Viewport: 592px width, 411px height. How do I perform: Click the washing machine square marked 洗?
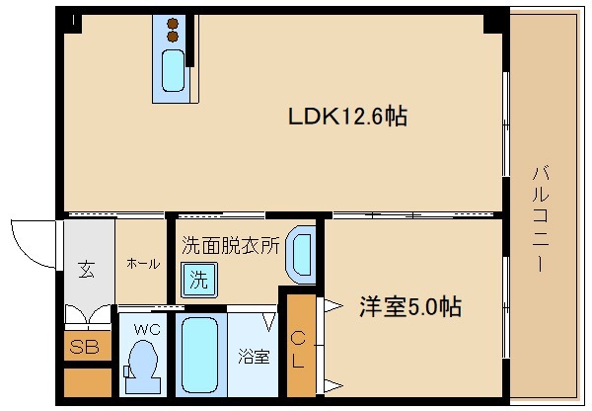pos(198,280)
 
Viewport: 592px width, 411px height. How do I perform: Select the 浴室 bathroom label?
pos(253,356)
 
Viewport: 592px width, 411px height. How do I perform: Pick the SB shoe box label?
pos(84,347)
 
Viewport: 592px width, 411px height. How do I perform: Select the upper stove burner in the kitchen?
pos(174,24)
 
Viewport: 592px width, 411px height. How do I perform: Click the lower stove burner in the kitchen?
pos(174,38)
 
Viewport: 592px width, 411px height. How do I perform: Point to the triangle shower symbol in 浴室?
pos(268,320)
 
